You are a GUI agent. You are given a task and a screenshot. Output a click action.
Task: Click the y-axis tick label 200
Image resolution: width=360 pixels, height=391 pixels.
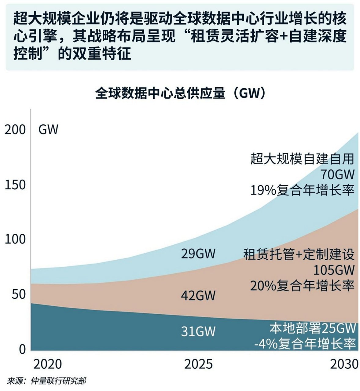click(x=15, y=130)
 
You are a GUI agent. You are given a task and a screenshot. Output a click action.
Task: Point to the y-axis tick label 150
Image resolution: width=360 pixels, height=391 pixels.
click(x=15, y=185)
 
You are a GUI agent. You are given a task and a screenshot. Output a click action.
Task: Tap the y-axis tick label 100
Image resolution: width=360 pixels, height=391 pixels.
click(x=15, y=239)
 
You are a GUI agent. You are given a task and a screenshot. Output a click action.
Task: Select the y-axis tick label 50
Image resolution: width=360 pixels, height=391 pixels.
click(x=19, y=294)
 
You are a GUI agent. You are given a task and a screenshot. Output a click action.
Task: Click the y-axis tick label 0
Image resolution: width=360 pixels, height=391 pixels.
click(x=22, y=349)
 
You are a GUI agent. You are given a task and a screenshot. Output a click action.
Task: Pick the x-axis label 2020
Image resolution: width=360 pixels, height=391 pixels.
click(x=47, y=364)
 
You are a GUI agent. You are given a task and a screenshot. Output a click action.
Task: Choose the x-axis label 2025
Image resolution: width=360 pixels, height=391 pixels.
click(x=198, y=364)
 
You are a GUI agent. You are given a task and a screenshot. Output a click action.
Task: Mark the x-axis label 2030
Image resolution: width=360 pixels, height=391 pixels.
click(x=344, y=364)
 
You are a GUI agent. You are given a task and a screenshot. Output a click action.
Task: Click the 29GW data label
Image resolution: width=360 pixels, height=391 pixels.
click(x=198, y=254)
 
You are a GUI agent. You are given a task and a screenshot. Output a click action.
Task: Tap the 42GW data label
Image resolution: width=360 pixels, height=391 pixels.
click(x=198, y=296)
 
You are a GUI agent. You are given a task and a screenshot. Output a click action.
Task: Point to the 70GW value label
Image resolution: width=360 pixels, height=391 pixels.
click(x=337, y=175)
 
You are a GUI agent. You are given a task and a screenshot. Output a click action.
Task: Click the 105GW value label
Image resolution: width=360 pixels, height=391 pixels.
click(x=334, y=270)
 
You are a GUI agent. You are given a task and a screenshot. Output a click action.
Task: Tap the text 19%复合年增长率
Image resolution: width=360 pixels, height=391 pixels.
click(x=302, y=191)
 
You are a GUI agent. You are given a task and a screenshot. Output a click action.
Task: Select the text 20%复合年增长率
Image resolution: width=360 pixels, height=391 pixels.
click(x=302, y=286)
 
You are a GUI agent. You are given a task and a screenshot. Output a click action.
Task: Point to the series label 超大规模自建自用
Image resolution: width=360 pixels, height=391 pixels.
click(x=302, y=159)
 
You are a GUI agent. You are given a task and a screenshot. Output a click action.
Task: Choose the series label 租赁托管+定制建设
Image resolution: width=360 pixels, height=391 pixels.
click(x=299, y=254)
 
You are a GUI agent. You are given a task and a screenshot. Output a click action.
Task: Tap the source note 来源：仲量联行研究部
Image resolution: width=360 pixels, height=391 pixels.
click(x=46, y=381)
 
